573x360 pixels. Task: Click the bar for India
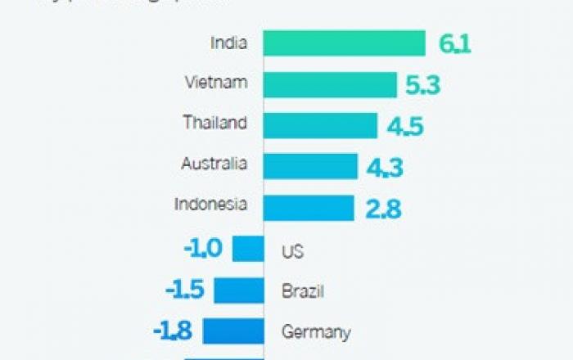click(345, 43)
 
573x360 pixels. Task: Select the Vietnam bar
click(330, 84)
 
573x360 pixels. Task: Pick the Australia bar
click(310, 166)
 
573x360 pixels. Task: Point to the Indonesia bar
click(309, 208)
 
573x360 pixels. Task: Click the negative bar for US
click(248, 249)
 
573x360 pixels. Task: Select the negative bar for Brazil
click(239, 290)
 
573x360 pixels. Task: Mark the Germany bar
click(233, 331)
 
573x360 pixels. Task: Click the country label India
click(228, 41)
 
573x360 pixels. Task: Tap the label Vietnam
click(216, 82)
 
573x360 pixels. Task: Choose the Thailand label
click(214, 123)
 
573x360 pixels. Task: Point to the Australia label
click(214, 164)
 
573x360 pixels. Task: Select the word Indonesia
click(210, 205)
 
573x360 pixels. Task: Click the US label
click(292, 251)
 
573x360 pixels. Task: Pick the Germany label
click(316, 332)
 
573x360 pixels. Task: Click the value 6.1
click(454, 44)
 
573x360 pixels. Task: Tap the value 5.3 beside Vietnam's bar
click(422, 85)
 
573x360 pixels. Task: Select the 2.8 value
click(383, 209)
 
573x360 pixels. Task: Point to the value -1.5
click(184, 290)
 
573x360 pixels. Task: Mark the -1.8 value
click(173, 331)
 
